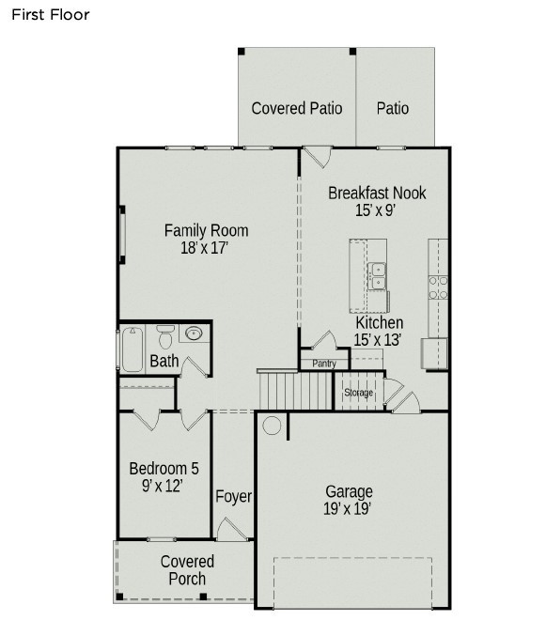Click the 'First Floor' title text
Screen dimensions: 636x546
pyautogui.click(x=51, y=14)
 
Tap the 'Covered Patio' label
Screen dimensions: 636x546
pyautogui.click(x=296, y=108)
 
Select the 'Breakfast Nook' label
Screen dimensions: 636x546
pyautogui.click(x=377, y=193)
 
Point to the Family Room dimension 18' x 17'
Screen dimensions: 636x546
pyautogui.click(x=205, y=249)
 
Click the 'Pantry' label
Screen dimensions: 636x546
pyautogui.click(x=324, y=364)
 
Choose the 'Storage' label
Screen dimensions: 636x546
pyautogui.click(x=358, y=392)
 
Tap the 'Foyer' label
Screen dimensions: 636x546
pyautogui.click(x=233, y=496)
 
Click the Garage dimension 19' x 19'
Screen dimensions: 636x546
pyautogui.click(x=349, y=508)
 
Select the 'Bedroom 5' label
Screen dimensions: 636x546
pyautogui.click(x=164, y=469)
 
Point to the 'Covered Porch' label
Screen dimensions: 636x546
pyautogui.click(x=187, y=570)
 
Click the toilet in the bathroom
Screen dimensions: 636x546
pyautogui.click(x=166, y=335)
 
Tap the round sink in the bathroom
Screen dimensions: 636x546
pyautogui.click(x=195, y=334)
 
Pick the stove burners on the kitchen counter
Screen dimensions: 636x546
pyautogui.click(x=438, y=287)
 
